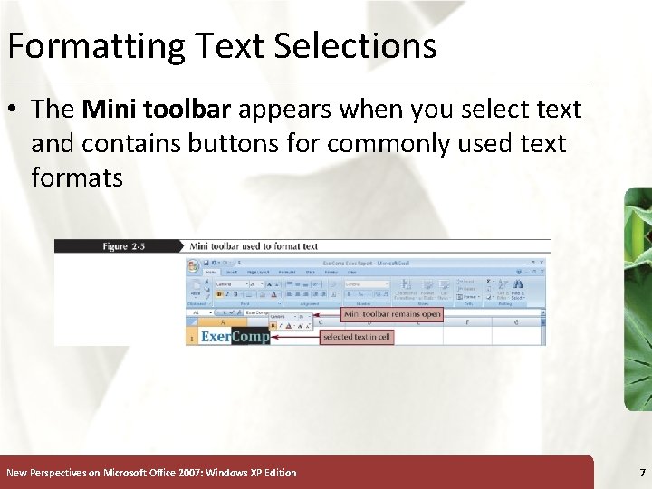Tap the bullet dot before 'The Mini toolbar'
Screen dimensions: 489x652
pyautogui.click(x=15, y=110)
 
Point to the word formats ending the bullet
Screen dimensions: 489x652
pyautogui.click(x=76, y=177)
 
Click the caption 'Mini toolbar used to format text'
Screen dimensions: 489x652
pyautogui.click(x=254, y=246)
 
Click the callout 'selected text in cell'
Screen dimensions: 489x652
pyautogui.click(x=358, y=337)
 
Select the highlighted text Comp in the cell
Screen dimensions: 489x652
pyautogui.click(x=250, y=337)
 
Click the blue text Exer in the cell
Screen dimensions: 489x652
pyautogui.click(x=215, y=337)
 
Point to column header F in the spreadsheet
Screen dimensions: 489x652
pyautogui.click(x=466, y=321)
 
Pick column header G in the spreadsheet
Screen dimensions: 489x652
pyautogui.click(x=516, y=321)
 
